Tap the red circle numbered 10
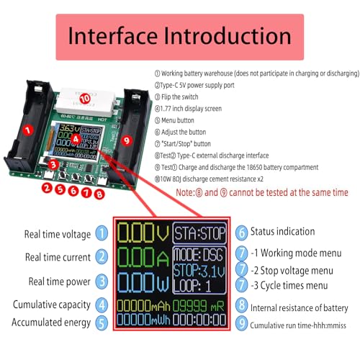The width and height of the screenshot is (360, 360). point(84,97)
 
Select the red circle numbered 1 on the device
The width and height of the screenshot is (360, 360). point(27,130)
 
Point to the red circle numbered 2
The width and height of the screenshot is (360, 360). point(46,189)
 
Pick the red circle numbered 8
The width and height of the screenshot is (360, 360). point(99,192)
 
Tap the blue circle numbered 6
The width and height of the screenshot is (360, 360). point(242,232)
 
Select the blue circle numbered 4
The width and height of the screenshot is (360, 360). point(103,305)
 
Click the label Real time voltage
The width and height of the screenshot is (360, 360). point(58,234)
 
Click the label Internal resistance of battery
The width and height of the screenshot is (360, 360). point(299,308)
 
